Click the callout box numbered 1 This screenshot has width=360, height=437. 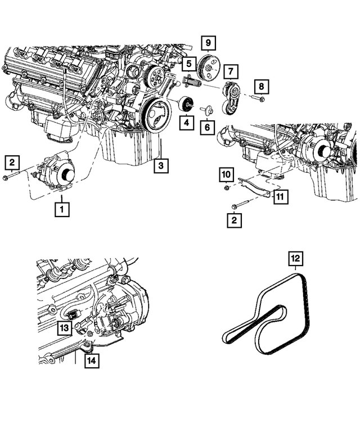point(61,209)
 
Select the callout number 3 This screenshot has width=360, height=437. point(160,165)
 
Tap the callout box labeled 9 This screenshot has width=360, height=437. point(208,42)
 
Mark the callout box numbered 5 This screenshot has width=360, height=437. point(188,64)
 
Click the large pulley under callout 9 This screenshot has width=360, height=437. point(209,70)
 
